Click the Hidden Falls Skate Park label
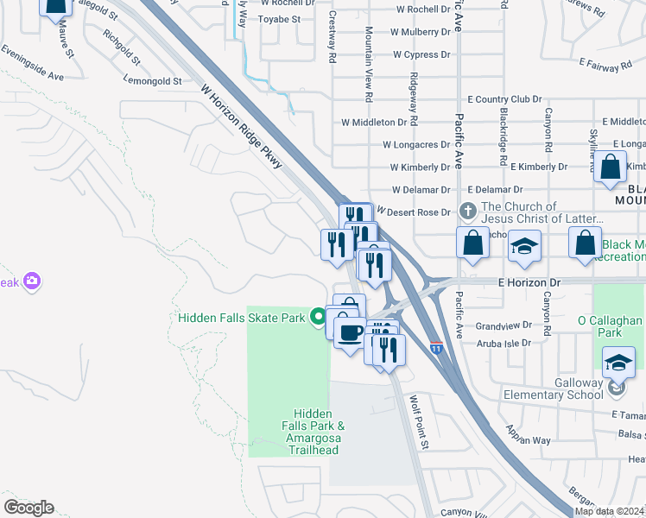[x=242, y=318]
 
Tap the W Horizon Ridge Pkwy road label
[x=242, y=126]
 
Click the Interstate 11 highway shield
[x=437, y=348]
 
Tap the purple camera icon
[x=32, y=281]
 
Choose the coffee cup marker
[x=349, y=332]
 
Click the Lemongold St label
[x=153, y=81]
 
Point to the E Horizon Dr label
[x=530, y=282]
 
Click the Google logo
[x=28, y=507]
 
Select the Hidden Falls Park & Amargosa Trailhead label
[x=312, y=432]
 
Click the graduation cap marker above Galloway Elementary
[x=618, y=363]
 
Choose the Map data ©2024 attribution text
[x=610, y=511]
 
